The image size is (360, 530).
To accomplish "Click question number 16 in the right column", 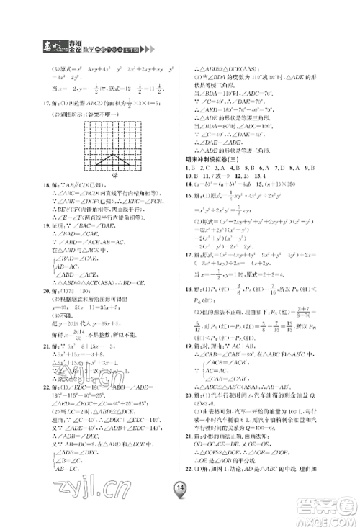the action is (x=189, y=235).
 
